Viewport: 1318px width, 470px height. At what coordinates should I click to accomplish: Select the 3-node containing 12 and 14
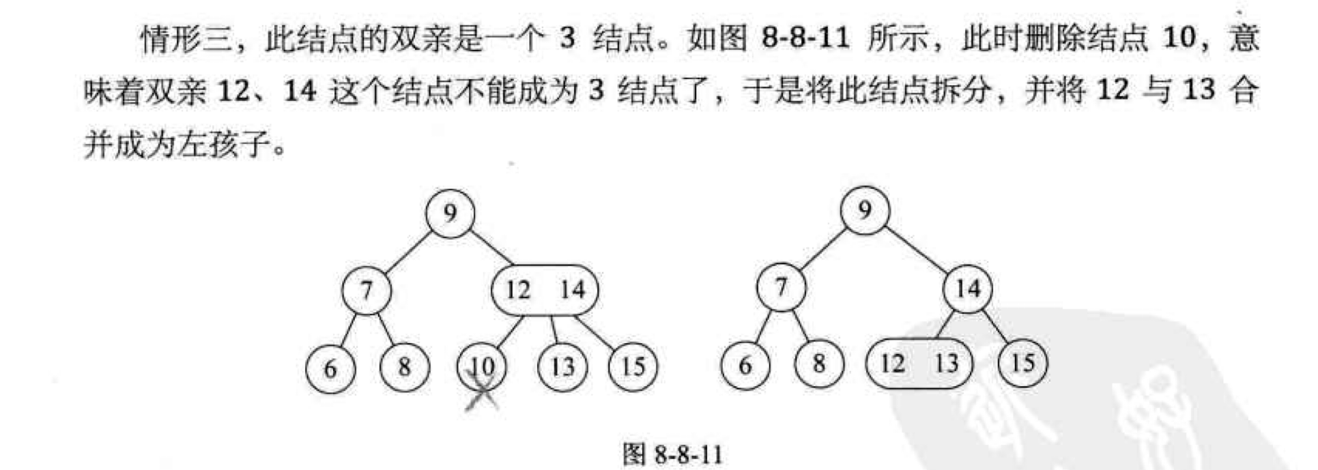click(x=544, y=290)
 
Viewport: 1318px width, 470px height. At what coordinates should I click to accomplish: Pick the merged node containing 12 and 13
click(x=918, y=363)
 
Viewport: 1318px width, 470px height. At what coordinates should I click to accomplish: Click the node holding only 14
click(x=967, y=289)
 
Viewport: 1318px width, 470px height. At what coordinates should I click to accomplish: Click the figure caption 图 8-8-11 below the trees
click(x=672, y=454)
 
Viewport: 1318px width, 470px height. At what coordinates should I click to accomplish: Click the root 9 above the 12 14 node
click(x=450, y=214)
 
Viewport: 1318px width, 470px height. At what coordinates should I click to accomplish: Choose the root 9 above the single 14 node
click(x=864, y=210)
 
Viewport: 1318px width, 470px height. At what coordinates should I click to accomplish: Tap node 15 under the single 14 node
click(x=1022, y=363)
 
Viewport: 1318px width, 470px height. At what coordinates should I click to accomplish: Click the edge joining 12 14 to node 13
click(x=555, y=329)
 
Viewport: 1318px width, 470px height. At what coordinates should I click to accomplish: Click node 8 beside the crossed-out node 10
click(x=405, y=367)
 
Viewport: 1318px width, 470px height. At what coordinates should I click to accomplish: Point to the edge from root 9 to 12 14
click(x=493, y=248)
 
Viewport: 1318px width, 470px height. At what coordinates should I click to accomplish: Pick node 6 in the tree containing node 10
click(x=330, y=368)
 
